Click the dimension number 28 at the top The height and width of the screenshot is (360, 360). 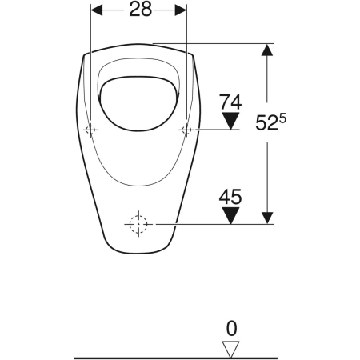139,11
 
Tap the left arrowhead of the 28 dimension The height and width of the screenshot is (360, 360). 97,11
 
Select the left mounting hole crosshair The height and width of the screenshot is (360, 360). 92,130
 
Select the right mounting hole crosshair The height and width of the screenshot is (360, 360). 186,130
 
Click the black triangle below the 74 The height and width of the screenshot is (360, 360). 230,121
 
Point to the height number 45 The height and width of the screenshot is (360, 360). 230,196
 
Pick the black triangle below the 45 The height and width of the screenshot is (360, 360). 230,216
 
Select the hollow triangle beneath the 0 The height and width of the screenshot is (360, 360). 230,348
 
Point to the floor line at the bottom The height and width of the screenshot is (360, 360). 160,357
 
